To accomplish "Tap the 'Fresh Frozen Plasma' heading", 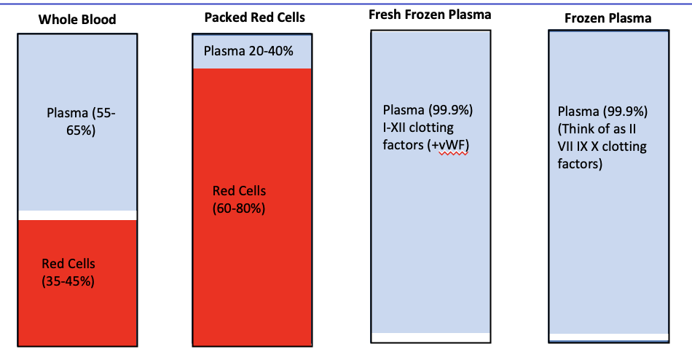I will point(430,15).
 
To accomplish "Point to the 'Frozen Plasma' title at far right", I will point(608,18).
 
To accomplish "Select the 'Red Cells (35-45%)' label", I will point(68,273).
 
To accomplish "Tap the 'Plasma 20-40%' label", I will point(247,51).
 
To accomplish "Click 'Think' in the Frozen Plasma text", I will point(581,130).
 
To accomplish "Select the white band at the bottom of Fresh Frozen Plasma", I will point(430,337).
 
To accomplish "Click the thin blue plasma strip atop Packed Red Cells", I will point(291,51).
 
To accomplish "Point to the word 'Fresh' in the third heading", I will point(385,15).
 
